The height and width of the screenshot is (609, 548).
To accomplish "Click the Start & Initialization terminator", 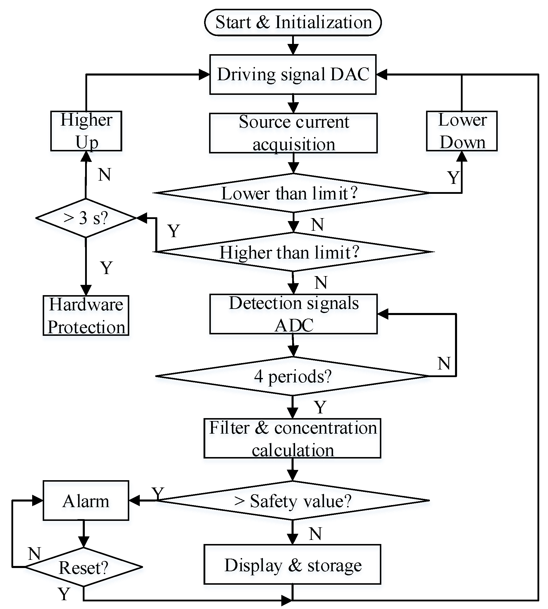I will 293,22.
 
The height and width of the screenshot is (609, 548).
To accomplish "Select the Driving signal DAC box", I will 293,74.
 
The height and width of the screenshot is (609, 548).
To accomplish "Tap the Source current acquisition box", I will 293,133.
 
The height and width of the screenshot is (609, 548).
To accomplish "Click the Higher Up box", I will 86,131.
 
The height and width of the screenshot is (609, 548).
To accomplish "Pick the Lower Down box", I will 461,131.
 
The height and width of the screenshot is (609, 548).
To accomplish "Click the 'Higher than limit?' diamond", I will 294,252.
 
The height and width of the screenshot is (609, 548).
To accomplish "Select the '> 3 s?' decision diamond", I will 86,218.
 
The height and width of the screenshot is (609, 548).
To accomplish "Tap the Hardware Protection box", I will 86,315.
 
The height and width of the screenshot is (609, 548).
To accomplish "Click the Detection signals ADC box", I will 293,314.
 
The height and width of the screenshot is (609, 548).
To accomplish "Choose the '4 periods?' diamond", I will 292,376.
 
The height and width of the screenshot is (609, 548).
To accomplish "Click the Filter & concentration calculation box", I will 292,438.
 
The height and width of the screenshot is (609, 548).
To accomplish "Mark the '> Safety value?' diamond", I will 293,500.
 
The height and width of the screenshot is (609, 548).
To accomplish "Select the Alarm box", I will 86,500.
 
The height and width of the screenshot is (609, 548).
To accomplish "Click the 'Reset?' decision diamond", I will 83,567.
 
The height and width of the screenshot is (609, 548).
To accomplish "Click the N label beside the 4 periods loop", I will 444,363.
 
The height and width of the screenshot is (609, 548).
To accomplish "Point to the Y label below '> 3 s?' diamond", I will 106,267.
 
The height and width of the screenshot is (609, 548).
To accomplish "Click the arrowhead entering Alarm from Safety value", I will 134,500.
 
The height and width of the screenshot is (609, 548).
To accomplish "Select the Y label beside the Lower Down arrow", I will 453,177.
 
